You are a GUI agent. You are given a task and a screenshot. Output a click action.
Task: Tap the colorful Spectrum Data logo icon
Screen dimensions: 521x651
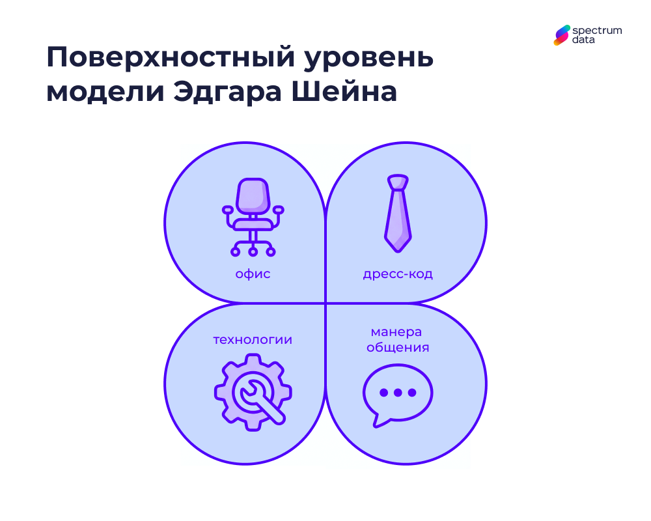click(x=562, y=35)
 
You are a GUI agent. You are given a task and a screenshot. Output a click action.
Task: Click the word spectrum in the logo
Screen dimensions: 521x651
click(x=597, y=30)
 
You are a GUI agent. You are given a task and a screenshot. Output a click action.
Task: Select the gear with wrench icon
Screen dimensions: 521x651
click(x=253, y=392)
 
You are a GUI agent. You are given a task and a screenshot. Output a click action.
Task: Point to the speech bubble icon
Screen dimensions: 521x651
click(x=397, y=394)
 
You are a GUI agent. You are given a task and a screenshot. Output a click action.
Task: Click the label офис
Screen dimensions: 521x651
click(x=253, y=274)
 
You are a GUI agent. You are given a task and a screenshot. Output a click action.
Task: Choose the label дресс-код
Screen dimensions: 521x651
click(x=397, y=274)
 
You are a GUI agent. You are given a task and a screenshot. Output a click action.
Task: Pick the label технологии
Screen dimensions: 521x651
click(x=253, y=340)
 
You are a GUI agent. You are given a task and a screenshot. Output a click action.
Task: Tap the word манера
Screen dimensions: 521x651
click(x=397, y=332)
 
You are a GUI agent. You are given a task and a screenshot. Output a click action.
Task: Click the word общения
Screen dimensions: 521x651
click(x=397, y=347)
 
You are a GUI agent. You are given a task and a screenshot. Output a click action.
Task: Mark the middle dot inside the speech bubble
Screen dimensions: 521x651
click(x=397, y=392)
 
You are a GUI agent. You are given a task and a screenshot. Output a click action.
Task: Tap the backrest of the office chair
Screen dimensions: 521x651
click(x=253, y=195)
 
